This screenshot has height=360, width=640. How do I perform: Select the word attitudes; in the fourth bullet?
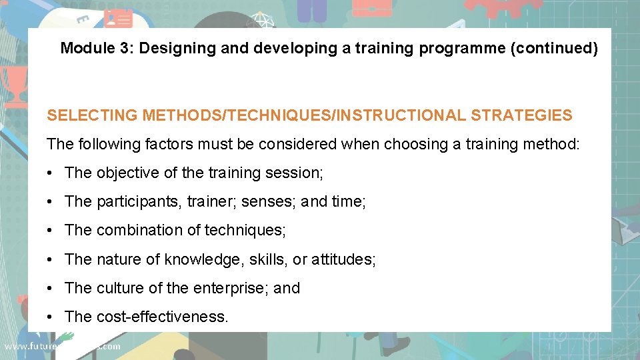(343, 259)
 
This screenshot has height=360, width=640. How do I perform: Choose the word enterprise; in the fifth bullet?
(231, 288)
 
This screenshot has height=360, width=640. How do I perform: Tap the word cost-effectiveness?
(162, 317)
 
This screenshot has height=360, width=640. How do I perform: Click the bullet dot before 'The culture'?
(51, 289)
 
